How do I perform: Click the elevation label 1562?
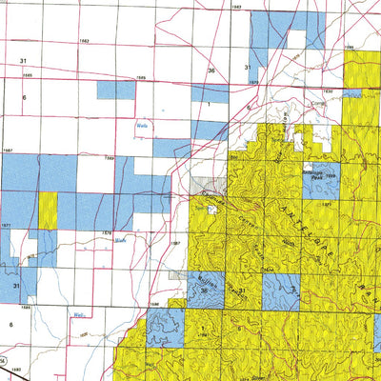[x=84, y=42]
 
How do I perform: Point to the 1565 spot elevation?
[x=28, y=73]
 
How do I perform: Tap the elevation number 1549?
[x=136, y=78]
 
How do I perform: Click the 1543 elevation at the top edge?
[x=236, y=6]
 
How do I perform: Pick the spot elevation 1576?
[x=108, y=231]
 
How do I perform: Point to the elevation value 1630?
[x=254, y=83]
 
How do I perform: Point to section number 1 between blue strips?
[x=207, y=104]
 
